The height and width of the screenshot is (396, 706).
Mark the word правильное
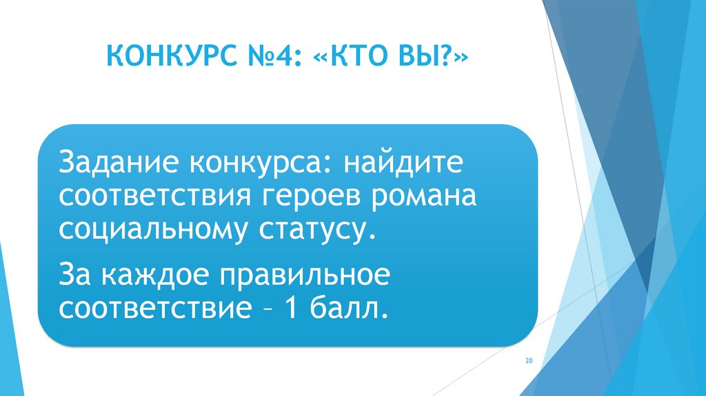305,275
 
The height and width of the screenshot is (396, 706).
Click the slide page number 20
529,361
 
